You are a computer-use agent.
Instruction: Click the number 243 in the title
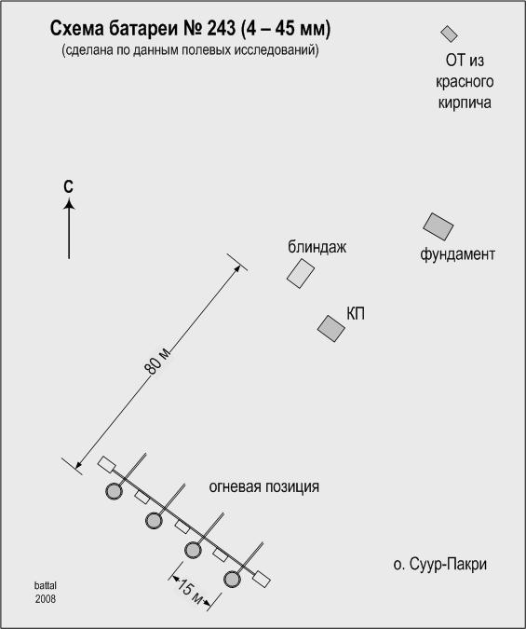point(222,29)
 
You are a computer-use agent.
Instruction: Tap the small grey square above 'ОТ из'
point(449,34)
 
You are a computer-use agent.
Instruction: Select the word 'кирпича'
point(465,103)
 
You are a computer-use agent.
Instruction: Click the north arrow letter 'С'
point(69,187)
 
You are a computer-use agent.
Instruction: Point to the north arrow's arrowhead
point(69,205)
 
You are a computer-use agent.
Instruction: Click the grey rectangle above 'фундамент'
point(438,226)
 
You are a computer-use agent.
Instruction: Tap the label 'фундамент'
point(457,254)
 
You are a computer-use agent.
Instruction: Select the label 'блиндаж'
point(317,247)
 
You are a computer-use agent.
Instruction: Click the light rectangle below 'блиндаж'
point(301,273)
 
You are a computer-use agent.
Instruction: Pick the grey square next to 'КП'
point(331,329)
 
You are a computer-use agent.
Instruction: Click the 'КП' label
point(356,314)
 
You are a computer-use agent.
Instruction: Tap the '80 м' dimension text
point(156,362)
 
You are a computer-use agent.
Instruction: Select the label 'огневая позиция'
point(264,486)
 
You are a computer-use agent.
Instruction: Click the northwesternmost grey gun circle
point(114,491)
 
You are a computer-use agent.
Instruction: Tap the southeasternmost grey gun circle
point(233,580)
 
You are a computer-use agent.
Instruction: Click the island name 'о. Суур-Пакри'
point(440,564)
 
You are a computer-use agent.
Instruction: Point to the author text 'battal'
point(46,586)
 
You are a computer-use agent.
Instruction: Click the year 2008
point(46,599)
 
